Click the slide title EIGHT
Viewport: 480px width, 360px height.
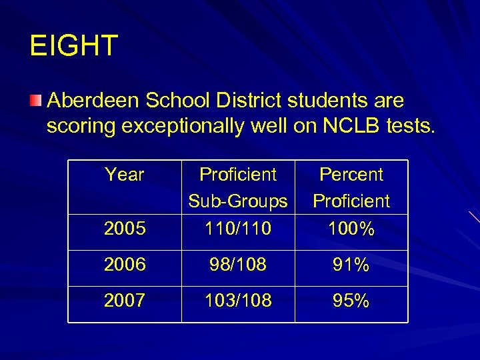74,46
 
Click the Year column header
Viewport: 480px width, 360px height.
125,175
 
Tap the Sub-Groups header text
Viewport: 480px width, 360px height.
238,201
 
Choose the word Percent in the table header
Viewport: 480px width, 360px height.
351,175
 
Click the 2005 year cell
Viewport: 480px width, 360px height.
125,229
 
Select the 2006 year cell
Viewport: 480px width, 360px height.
125,265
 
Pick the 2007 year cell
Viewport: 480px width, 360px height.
125,301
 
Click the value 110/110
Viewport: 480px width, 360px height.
238,229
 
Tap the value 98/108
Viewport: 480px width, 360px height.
238,265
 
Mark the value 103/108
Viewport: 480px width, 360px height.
238,301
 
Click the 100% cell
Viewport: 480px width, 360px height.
351,229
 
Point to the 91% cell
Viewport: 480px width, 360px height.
351,265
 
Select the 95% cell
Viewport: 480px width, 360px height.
351,301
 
